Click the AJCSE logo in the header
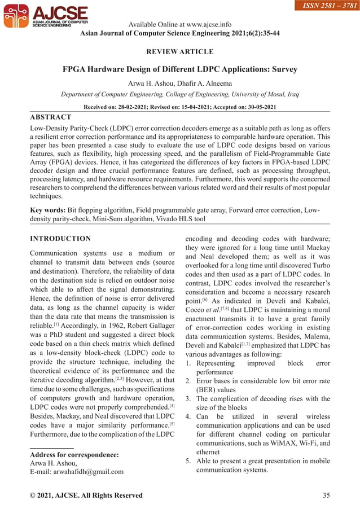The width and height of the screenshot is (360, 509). tap(45, 17)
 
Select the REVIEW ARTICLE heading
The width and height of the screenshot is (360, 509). tap(180, 52)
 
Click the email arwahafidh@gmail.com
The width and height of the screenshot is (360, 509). tap(76, 472)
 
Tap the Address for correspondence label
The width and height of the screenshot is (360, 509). tap(74, 455)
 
